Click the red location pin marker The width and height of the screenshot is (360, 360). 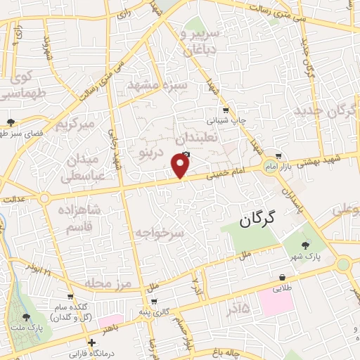click(x=181, y=166)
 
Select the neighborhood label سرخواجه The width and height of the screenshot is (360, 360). click(x=160, y=231)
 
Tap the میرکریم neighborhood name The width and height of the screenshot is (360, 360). click(x=75, y=124)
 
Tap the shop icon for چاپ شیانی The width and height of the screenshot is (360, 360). click(x=225, y=110)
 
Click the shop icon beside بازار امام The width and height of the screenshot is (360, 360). click(x=279, y=156)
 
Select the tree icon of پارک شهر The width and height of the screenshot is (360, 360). click(x=305, y=245)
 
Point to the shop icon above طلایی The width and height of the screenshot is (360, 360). click(x=283, y=277)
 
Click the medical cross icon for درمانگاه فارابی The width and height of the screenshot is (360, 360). click(x=90, y=342)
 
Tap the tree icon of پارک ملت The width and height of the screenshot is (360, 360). click(x=26, y=317)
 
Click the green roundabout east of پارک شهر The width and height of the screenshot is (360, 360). click(x=343, y=264)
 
